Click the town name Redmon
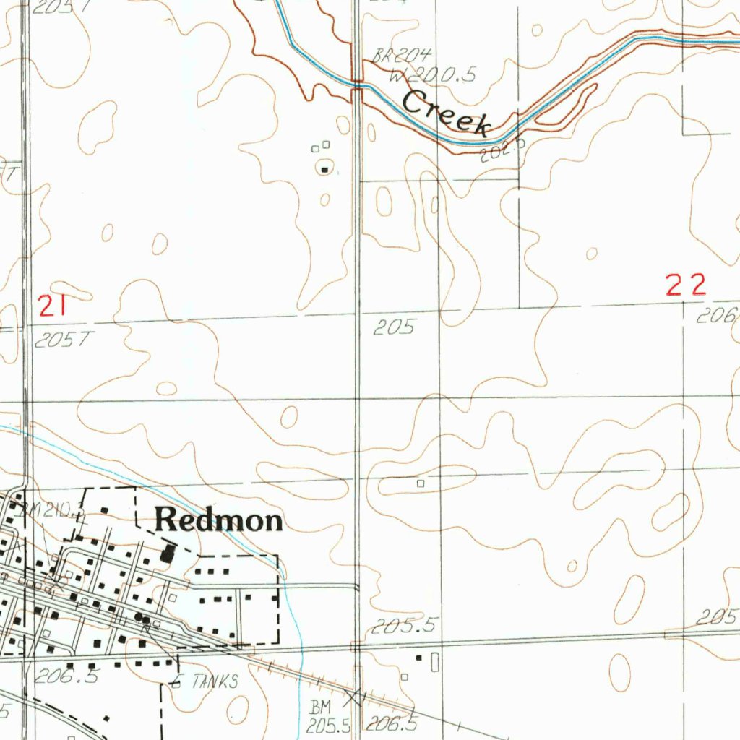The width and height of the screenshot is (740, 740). tap(219, 520)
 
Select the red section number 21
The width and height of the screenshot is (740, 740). tap(53, 308)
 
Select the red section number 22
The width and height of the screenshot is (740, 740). tap(685, 285)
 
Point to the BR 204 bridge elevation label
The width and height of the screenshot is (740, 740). tap(402, 56)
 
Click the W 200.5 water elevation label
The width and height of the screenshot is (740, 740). tap(431, 75)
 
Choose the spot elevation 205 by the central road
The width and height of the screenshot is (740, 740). tap(394, 328)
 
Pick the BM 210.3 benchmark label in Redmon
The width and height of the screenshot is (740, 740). tap(53, 511)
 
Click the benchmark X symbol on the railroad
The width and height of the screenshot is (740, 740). tap(353, 697)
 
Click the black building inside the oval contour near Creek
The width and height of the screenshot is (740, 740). tap(324, 171)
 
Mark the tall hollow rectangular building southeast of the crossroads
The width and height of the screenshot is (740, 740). tap(434, 662)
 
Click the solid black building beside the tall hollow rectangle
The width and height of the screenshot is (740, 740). tap(418, 658)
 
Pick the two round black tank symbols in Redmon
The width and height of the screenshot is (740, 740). tap(142, 618)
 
